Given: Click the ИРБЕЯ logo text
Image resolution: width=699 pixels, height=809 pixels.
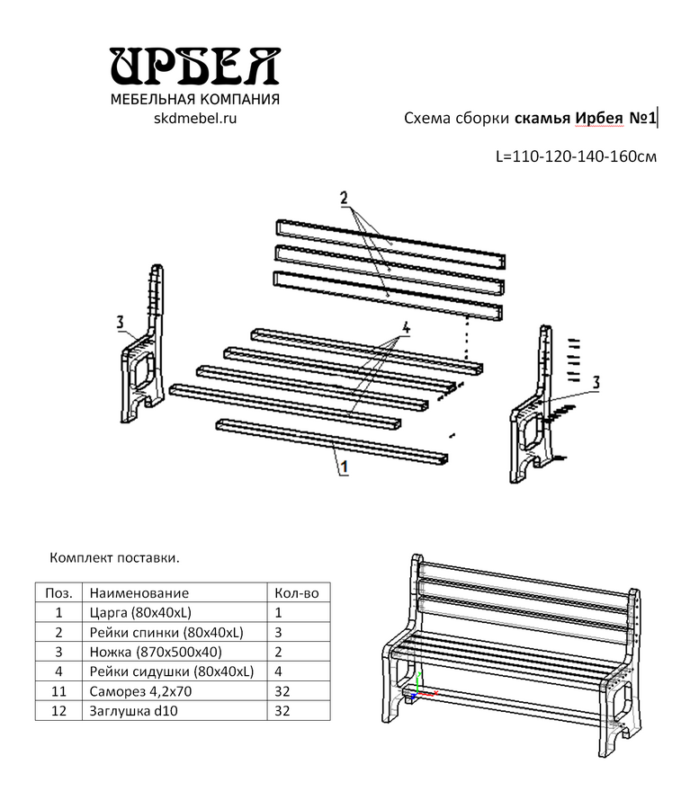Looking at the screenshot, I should tap(194, 67).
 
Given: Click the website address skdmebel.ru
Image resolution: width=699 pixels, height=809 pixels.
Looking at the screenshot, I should tap(194, 118).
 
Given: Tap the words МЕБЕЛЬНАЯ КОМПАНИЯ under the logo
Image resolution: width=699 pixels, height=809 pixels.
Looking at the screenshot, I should tap(194, 99).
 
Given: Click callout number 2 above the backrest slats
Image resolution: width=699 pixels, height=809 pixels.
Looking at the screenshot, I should tap(345, 199).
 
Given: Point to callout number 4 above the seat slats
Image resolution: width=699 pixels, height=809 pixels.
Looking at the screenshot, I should tap(406, 329).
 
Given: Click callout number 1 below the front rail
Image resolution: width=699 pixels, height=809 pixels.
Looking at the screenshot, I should tap(342, 467).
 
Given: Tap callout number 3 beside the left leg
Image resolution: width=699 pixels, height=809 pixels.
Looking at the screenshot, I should tap(120, 322).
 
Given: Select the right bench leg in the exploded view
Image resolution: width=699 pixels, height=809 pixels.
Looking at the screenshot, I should tap(537, 404).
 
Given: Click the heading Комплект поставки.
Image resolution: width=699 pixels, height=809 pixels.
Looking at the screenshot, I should tap(114, 557).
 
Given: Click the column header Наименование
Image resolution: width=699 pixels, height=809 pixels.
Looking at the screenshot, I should tap(139, 593).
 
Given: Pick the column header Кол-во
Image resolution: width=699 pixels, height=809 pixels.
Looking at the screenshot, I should tap(294, 593).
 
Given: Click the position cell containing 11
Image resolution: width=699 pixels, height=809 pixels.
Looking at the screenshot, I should tap(58, 691).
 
